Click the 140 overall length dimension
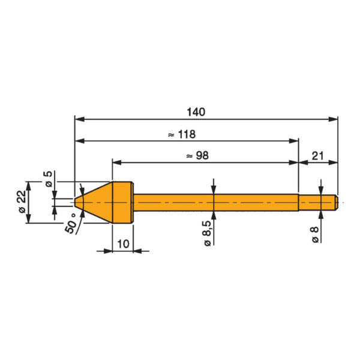[196, 112]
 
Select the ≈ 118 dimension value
[182, 134]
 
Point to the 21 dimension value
[318, 156]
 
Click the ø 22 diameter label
[22, 202]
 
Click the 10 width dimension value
[122, 242]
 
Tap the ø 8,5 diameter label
[207, 233]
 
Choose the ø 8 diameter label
[314, 233]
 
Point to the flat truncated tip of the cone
[76, 202]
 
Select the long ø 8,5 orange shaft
[216, 202]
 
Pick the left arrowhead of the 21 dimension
[302, 162]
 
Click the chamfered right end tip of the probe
[336, 202]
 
